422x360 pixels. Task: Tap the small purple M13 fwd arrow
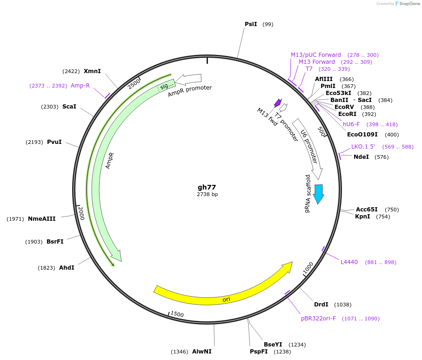point(278,102)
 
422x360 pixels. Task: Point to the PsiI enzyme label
point(251,24)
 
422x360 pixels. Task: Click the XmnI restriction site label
point(92,71)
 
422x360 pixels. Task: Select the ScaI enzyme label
point(69,107)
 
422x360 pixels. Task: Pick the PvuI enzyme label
point(54,142)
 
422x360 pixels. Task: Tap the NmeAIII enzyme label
point(41,218)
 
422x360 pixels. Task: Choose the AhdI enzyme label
point(67,268)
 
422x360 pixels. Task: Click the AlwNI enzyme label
point(201,352)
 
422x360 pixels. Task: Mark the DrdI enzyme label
point(321,305)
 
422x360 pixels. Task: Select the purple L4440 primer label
point(349,262)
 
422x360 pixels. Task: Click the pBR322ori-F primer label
point(318,319)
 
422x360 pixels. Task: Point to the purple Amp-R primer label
point(80,86)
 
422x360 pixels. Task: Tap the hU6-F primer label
point(351,124)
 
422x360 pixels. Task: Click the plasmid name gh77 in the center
point(207,187)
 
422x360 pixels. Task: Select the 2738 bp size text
point(207,194)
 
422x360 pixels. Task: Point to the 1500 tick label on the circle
point(177,314)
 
